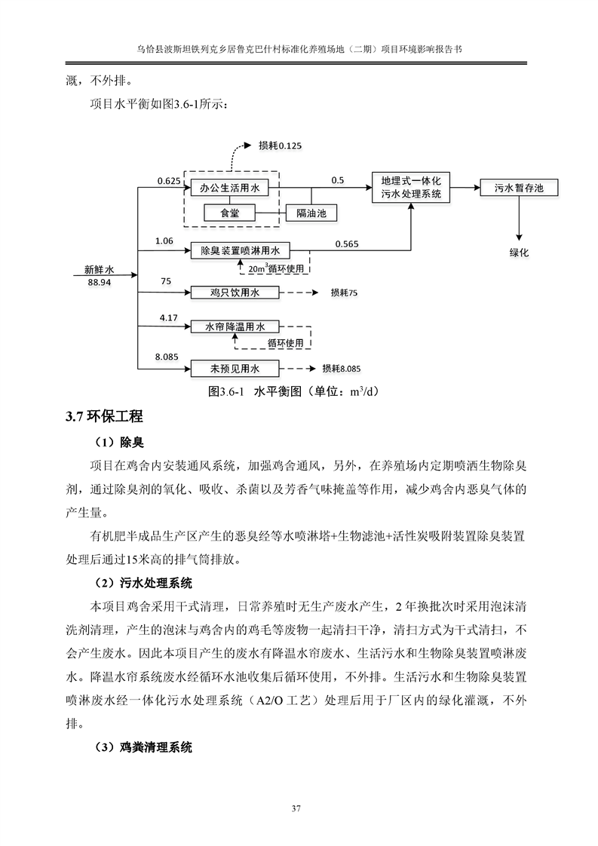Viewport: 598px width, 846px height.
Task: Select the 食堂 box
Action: (x=230, y=214)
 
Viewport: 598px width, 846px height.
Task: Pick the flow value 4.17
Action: (x=168, y=318)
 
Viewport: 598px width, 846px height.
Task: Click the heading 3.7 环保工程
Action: (x=103, y=416)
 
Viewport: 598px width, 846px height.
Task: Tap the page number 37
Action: (x=299, y=809)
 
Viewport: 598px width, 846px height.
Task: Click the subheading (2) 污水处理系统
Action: (x=143, y=583)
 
